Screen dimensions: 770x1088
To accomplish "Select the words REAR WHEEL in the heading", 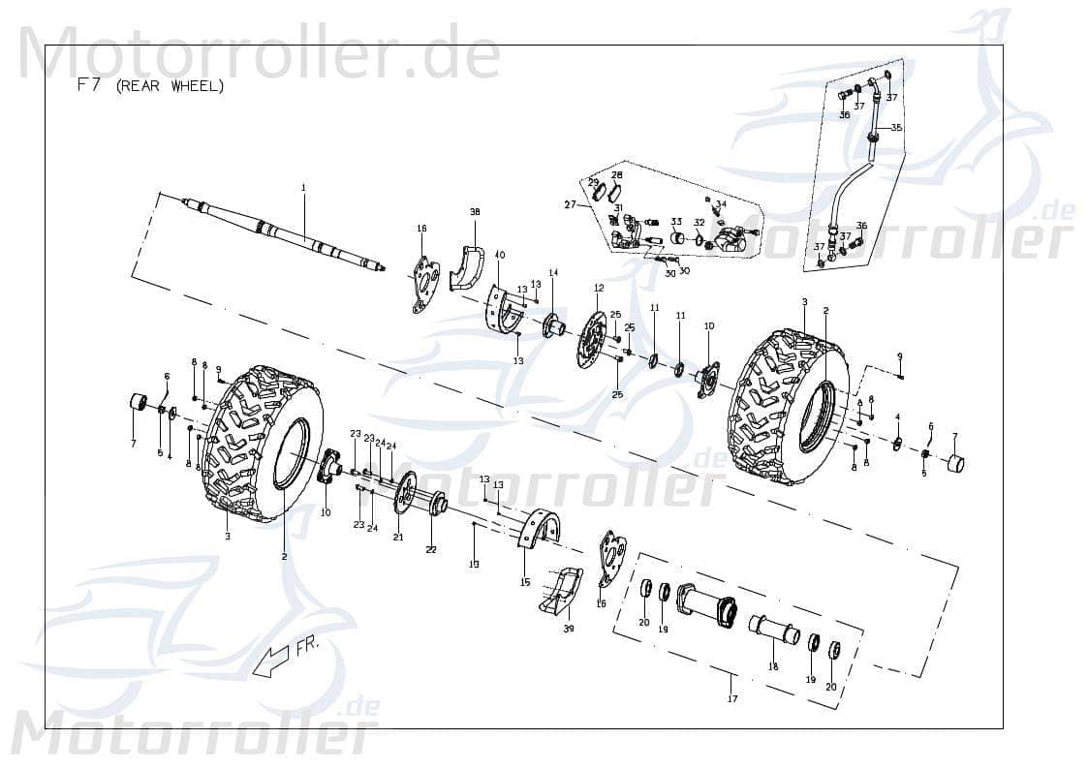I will click(170, 86).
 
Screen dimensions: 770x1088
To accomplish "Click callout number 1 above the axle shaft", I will click(302, 187).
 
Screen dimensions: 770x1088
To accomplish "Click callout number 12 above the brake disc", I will click(599, 288).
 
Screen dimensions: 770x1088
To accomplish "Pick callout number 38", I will click(475, 211).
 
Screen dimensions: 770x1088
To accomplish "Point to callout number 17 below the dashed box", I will click(732, 698).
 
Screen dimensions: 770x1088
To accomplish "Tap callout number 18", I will click(773, 666).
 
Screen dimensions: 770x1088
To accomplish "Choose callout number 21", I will click(397, 538).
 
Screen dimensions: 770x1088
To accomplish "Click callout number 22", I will click(431, 549).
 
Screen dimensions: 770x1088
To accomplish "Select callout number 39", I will click(569, 629).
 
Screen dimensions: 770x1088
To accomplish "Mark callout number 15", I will click(525, 582).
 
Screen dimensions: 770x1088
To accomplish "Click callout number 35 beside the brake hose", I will click(896, 128).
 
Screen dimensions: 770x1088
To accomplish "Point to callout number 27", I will click(571, 204).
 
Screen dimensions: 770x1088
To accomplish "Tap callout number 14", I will click(553, 273).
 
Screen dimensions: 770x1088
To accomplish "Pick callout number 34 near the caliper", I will click(721, 204).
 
